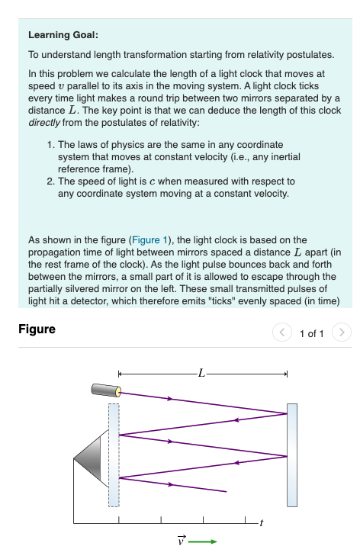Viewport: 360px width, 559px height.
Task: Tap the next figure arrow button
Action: [343, 333]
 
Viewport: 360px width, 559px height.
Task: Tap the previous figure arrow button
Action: [282, 333]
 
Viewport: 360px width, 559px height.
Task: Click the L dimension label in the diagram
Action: [201, 373]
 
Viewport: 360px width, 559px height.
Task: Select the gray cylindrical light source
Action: [107, 390]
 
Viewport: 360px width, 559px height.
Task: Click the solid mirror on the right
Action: [292, 455]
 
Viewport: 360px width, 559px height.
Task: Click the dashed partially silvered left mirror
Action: [114, 455]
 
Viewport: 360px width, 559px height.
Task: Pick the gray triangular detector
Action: [90, 457]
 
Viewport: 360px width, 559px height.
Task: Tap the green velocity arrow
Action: [203, 542]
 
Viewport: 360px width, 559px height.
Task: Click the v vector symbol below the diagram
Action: [181, 541]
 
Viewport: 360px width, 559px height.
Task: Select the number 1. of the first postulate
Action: [50, 144]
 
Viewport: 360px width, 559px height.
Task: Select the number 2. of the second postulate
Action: [50, 182]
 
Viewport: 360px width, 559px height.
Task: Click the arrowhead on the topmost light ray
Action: [170, 399]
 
